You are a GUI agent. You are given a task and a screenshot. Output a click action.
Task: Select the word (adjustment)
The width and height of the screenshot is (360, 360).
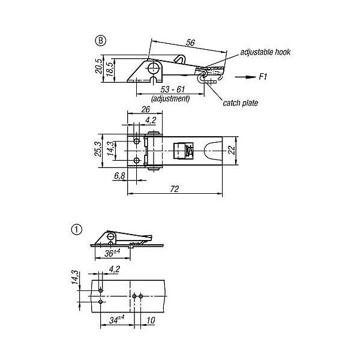170,98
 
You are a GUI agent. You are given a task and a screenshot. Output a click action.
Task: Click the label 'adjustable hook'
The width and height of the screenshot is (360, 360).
265,52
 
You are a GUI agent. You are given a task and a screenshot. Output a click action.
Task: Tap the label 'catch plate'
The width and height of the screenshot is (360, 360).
240,103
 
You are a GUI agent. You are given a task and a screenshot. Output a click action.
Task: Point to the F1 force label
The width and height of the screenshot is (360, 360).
263,77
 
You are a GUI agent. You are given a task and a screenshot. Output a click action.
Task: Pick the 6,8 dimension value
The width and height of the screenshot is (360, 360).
119,176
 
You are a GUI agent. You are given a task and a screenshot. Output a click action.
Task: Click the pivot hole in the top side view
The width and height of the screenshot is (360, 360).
155,67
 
